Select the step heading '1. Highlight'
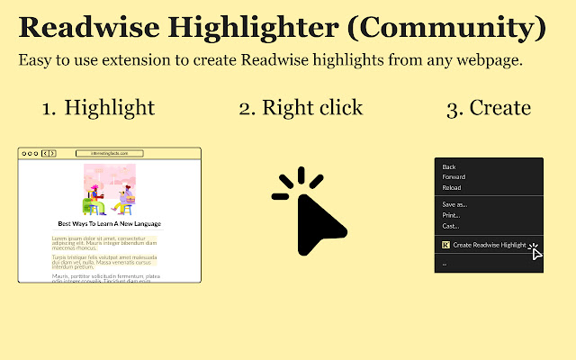(98, 108)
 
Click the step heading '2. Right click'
(301, 108)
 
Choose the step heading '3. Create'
(488, 108)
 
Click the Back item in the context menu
(449, 166)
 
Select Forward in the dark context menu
(454, 176)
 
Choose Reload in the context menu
(453, 187)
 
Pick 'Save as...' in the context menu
(454, 204)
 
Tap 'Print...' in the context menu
(451, 215)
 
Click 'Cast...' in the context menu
(450, 226)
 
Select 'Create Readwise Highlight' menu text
(489, 244)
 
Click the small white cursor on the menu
(535, 251)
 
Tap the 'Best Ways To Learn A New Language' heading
(109, 223)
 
